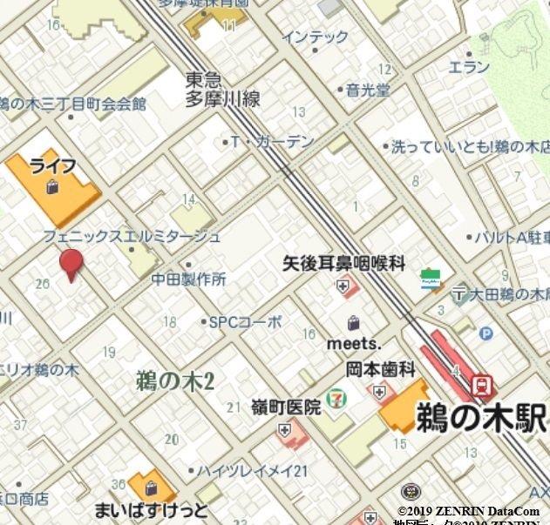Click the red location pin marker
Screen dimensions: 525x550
click(71, 264)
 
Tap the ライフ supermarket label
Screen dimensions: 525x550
click(53, 166)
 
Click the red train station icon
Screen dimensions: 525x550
click(480, 384)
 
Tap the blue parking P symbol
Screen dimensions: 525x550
click(485, 333)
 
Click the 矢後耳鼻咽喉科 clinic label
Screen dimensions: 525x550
click(343, 263)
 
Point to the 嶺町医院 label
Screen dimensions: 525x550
click(285, 407)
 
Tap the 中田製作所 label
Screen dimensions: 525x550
click(189, 279)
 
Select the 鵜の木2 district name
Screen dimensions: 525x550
click(175, 380)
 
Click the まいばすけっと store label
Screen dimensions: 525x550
click(152, 508)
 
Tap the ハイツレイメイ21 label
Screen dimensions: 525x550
click(252, 471)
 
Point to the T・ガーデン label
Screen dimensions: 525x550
click(272, 141)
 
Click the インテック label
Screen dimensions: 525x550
click(315, 37)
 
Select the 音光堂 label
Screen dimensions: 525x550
click(367, 90)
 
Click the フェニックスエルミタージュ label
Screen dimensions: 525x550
click(132, 236)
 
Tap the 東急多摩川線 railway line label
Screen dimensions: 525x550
click(222, 90)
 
